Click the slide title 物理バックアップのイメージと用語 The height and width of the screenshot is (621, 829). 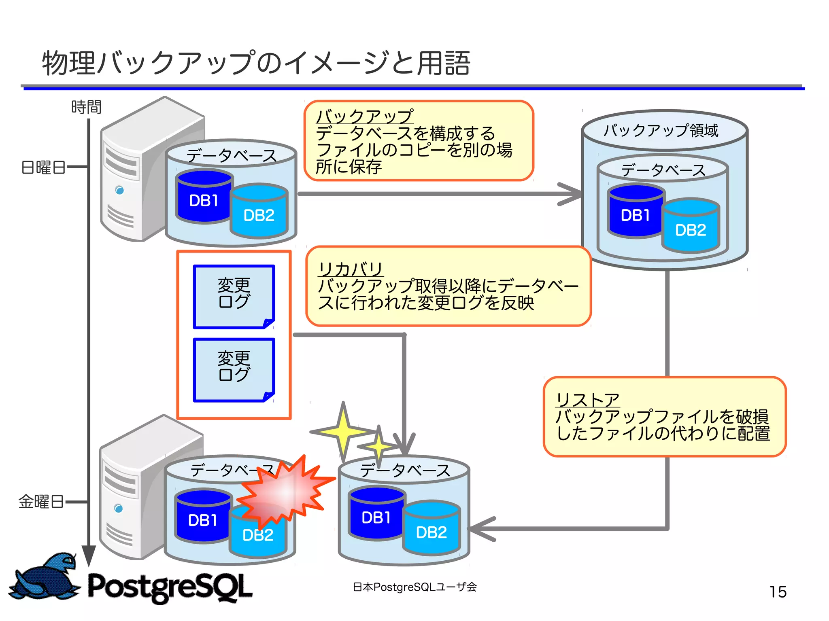256,64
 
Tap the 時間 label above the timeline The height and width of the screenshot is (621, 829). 86,107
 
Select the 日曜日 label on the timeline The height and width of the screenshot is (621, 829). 43,167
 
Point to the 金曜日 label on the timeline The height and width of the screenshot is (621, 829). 41,502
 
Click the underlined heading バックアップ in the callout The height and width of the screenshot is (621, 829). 364,117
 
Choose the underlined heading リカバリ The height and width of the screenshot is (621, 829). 351,269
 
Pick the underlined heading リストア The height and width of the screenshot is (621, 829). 587,400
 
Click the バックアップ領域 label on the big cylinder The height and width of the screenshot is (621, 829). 661,131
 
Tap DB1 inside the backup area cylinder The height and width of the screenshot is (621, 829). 635,215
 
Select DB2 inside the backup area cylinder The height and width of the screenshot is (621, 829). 691,230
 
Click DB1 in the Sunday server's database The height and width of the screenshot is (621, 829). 204,201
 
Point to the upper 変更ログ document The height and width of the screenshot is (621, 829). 234,297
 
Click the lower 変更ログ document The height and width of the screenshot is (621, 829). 234,369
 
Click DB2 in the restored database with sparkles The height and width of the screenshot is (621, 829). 431,532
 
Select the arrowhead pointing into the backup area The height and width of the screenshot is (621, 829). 571,194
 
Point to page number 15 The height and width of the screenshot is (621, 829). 778,592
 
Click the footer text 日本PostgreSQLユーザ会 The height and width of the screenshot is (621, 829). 414,587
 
